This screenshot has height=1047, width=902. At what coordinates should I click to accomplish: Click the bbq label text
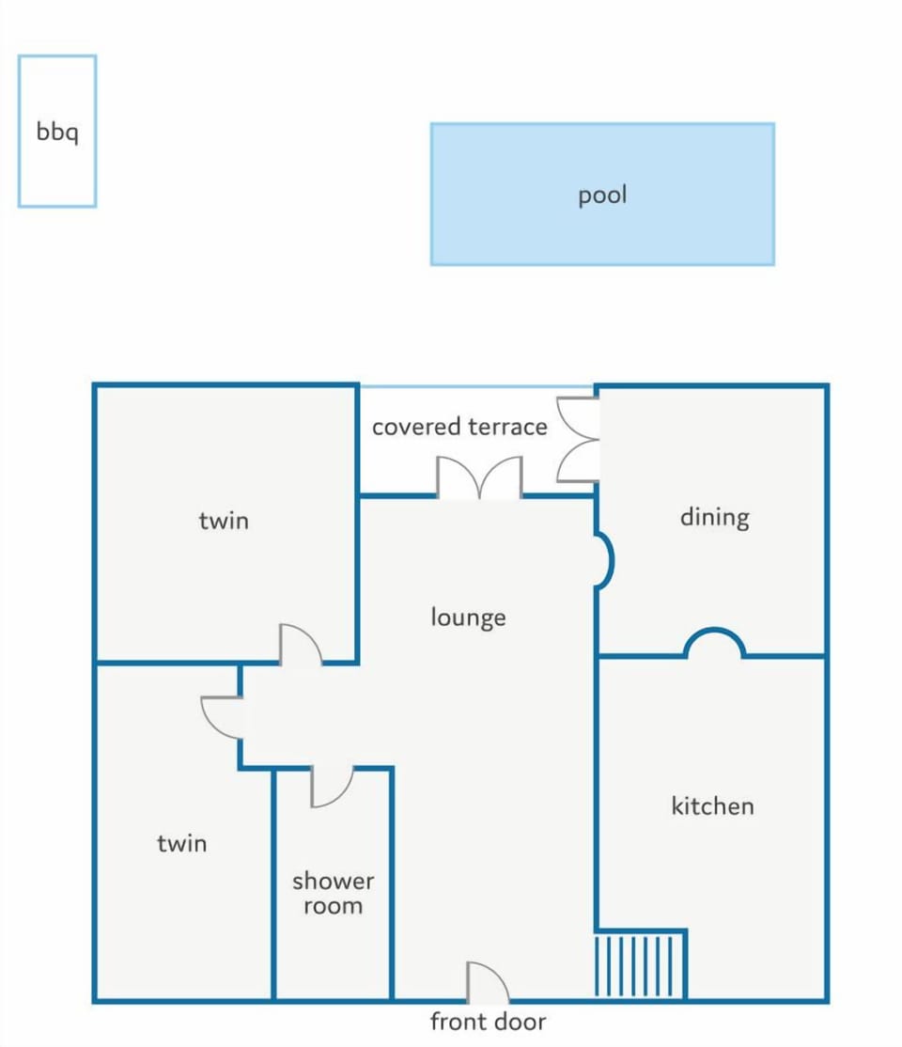pyautogui.click(x=57, y=132)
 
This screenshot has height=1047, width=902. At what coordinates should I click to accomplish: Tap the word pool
pyautogui.click(x=602, y=195)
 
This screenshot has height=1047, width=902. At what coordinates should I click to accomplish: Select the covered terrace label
pyautogui.click(x=459, y=427)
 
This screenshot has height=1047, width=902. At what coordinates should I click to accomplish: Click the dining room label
pyautogui.click(x=714, y=518)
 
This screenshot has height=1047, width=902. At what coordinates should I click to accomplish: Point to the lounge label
pyautogui.click(x=468, y=617)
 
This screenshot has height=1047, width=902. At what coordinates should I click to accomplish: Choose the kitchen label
pyautogui.click(x=712, y=806)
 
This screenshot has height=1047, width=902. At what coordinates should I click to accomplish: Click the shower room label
pyautogui.click(x=334, y=893)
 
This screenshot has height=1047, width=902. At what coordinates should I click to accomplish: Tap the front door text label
pyautogui.click(x=488, y=1022)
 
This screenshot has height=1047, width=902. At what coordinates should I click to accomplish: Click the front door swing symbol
pyautogui.click(x=488, y=982)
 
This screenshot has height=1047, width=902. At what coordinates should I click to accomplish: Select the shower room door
pyautogui.click(x=332, y=788)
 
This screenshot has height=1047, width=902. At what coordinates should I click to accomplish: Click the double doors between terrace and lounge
pyautogui.click(x=479, y=477)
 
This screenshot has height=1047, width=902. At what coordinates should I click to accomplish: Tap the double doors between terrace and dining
pyautogui.click(x=578, y=439)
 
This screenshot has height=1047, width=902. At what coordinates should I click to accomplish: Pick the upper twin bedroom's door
pyautogui.click(x=300, y=645)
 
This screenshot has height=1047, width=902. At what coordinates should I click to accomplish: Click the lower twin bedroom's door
pyautogui.click(x=222, y=718)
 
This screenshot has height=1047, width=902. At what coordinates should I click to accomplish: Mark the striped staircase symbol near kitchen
pyautogui.click(x=640, y=965)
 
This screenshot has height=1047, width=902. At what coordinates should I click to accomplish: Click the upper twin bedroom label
pyautogui.click(x=224, y=521)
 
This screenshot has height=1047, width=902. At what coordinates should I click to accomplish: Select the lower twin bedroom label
pyautogui.click(x=181, y=844)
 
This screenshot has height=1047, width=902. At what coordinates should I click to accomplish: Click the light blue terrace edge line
pyautogui.click(x=476, y=386)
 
